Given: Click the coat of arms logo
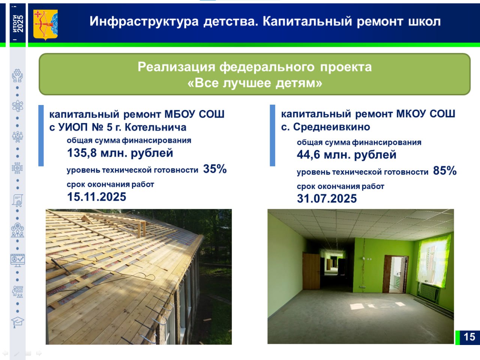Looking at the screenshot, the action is (45, 24).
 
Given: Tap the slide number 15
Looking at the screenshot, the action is (469, 337).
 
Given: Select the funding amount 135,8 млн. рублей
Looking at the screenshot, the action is (120, 153).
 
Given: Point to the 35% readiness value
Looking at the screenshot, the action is (215, 169).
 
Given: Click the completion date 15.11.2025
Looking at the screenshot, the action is (97, 197).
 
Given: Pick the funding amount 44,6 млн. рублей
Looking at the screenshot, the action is (346, 155).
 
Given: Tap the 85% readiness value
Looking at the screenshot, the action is (445, 171).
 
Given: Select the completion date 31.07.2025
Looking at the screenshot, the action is (327, 199).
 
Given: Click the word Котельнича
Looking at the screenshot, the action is (156, 127).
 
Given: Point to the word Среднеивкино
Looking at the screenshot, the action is (331, 127).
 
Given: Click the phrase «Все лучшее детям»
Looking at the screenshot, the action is (255, 83).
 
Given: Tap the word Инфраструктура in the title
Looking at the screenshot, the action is (144, 22).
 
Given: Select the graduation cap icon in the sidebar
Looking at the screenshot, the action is (18, 322).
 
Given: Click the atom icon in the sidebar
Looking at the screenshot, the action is (18, 106).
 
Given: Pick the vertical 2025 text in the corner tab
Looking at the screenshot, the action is (20, 24).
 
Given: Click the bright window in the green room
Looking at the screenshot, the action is (433, 260).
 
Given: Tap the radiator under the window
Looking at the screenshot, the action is (429, 292).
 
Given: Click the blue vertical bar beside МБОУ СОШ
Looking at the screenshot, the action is (41, 135).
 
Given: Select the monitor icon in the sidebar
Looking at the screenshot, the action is (18, 260).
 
